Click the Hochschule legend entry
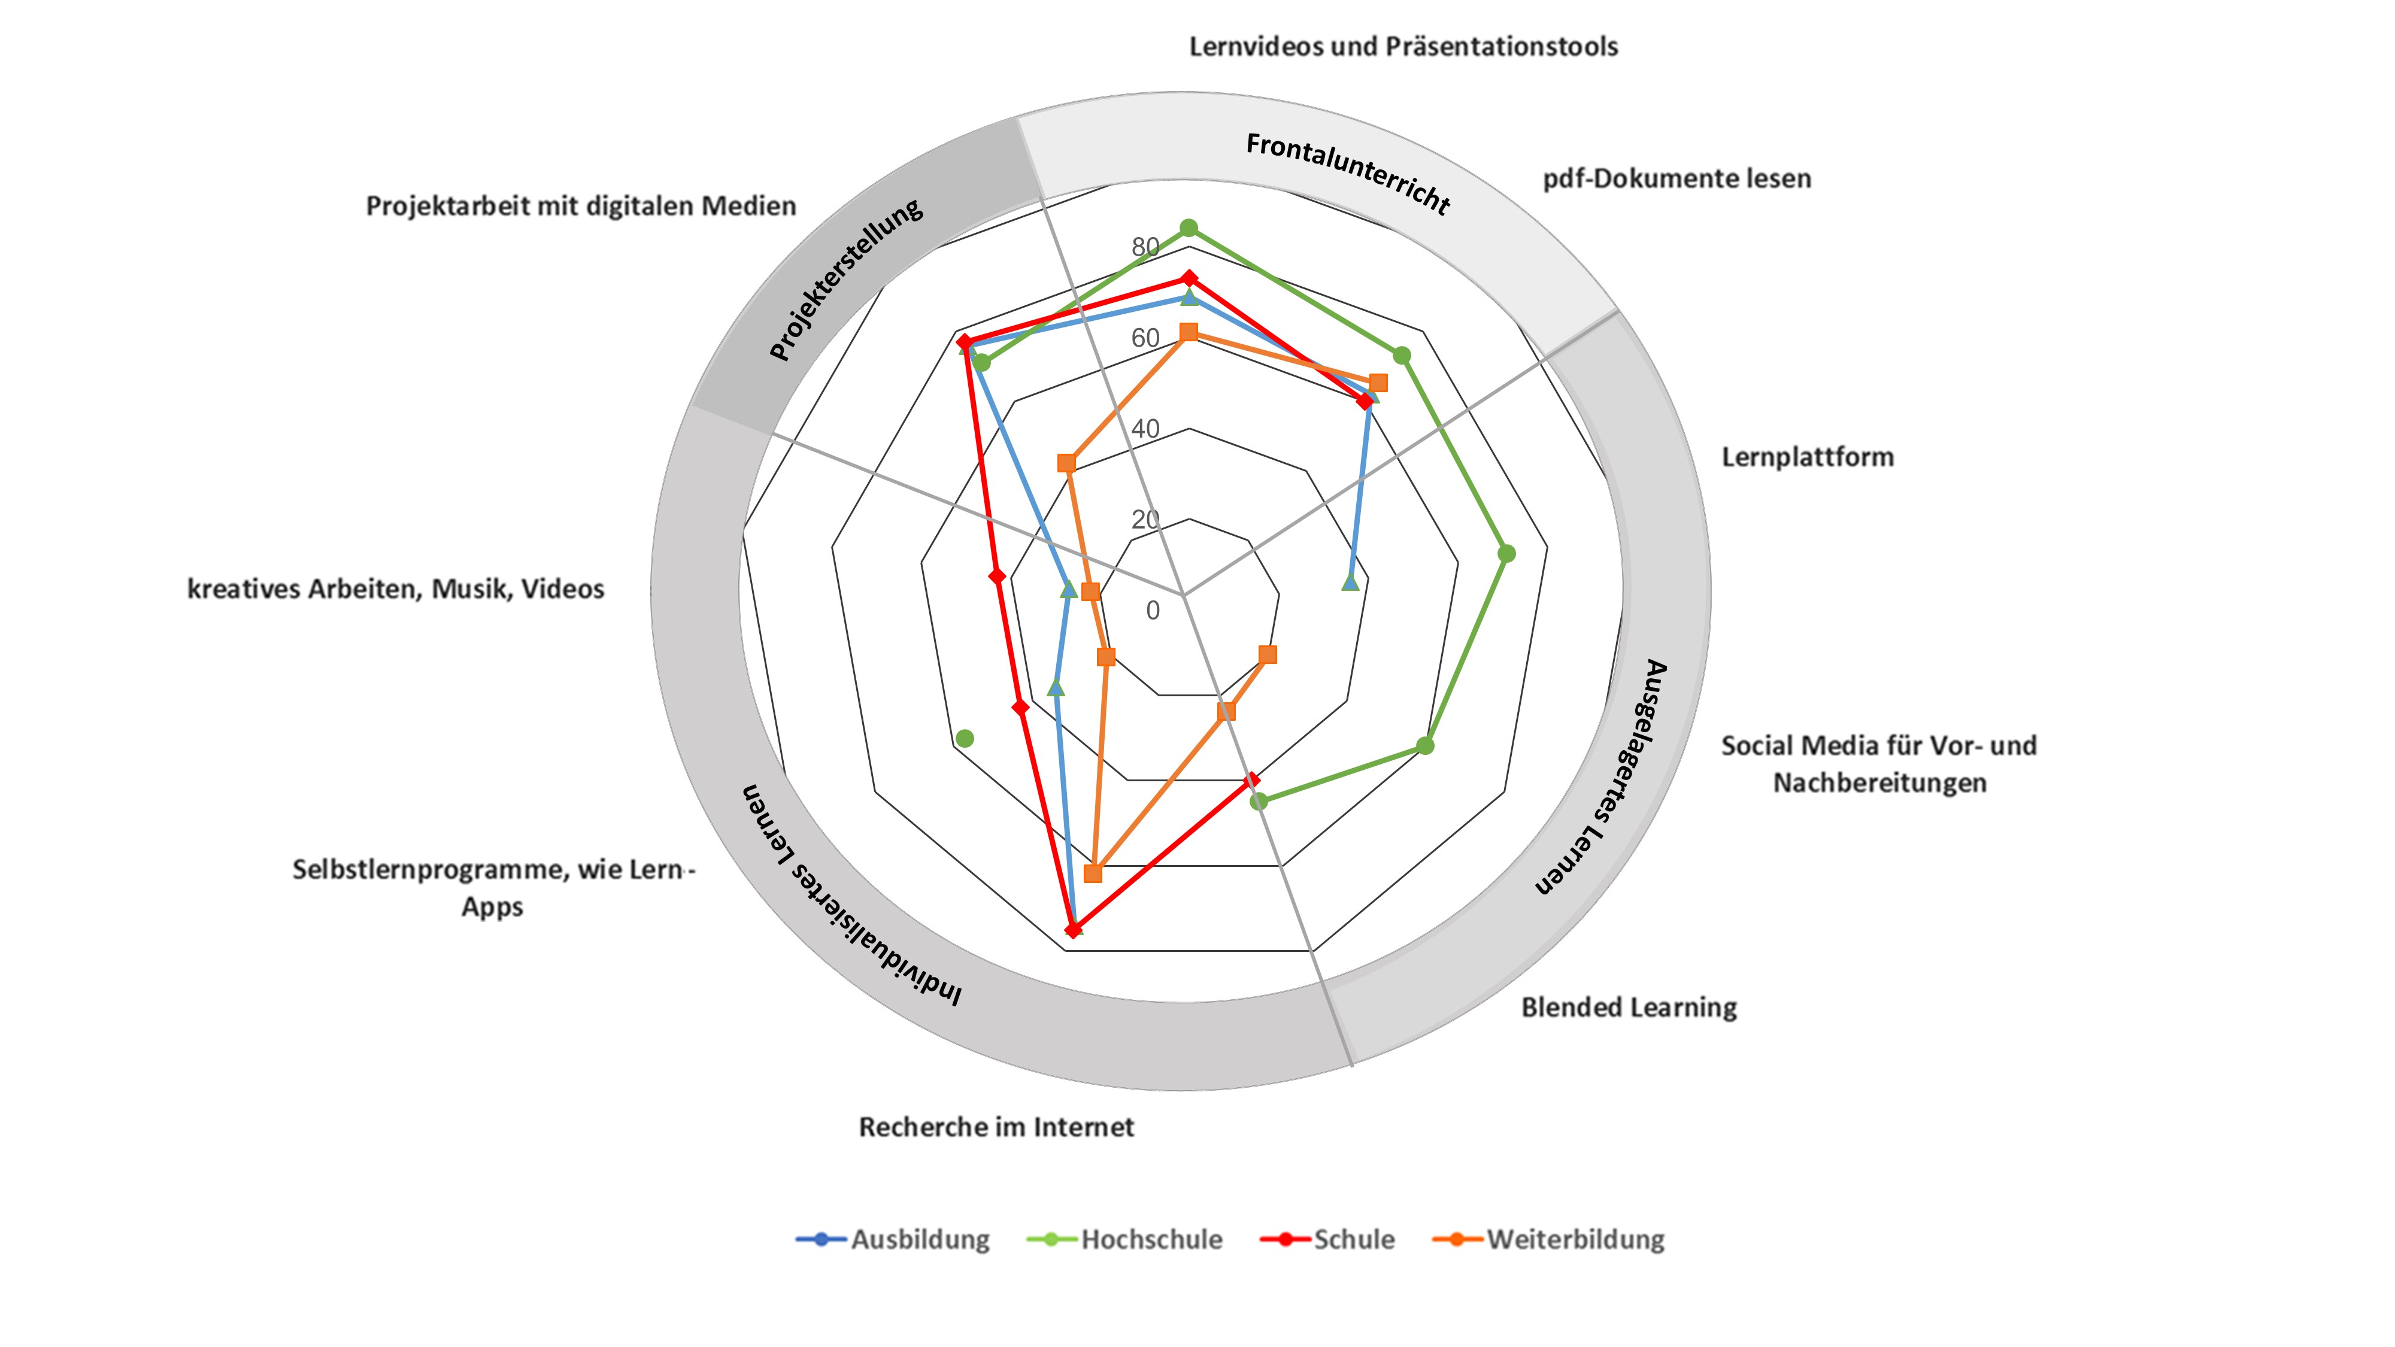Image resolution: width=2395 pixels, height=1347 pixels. click(x=1150, y=1239)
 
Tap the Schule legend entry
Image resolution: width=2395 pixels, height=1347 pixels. click(x=1353, y=1239)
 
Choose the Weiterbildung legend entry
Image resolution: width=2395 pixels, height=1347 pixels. click(x=1575, y=1239)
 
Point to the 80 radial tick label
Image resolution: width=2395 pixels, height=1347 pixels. click(x=1145, y=246)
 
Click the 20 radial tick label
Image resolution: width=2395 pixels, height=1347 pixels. click(x=1145, y=518)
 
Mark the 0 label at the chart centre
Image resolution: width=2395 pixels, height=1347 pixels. click(x=1153, y=611)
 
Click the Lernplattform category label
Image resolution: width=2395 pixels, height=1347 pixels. click(x=1806, y=456)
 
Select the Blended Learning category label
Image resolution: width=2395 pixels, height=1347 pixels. click(x=1629, y=1007)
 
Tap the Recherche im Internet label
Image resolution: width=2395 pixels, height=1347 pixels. click(x=996, y=1127)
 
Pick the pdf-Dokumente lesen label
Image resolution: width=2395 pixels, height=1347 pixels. click(x=1676, y=178)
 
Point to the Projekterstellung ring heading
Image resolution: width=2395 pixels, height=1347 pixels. click(x=846, y=279)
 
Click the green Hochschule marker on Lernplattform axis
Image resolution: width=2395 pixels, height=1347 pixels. click(x=1507, y=554)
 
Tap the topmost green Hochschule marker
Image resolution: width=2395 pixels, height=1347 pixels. click(x=1188, y=227)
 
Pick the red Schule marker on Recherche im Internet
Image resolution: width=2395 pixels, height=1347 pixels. click(x=1074, y=929)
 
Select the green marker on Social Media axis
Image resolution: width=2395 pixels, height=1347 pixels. click(x=1425, y=745)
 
